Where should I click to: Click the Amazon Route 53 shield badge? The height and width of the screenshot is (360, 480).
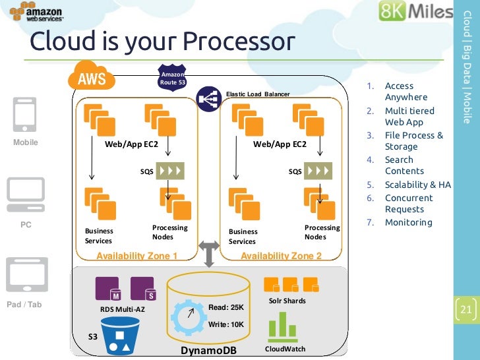172,78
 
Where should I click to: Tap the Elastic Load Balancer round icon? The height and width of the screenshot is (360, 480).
209,99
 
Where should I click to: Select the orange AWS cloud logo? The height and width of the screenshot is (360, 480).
91,76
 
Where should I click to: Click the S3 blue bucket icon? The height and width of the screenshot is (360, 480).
120,336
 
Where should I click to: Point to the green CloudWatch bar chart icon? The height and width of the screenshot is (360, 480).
283,327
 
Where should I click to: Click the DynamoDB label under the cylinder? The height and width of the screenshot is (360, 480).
208,351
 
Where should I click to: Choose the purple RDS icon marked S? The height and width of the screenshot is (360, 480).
143,289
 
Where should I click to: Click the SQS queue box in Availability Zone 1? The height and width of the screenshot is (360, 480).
170,171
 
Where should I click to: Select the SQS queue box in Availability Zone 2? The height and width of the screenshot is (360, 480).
318,171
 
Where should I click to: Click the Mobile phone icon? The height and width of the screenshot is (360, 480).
25,115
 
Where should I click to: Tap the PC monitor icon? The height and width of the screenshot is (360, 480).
26,195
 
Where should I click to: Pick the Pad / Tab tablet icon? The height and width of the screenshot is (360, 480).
27,274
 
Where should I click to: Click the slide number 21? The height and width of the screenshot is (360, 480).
466,309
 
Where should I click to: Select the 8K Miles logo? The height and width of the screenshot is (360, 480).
415,11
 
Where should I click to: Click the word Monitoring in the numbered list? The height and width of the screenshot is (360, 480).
409,222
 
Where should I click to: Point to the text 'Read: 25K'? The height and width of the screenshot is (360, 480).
226,307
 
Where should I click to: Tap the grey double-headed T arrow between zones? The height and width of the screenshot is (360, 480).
209,254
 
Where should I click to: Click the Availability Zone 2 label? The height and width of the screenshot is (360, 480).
281,256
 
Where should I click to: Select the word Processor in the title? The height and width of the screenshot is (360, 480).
239,42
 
